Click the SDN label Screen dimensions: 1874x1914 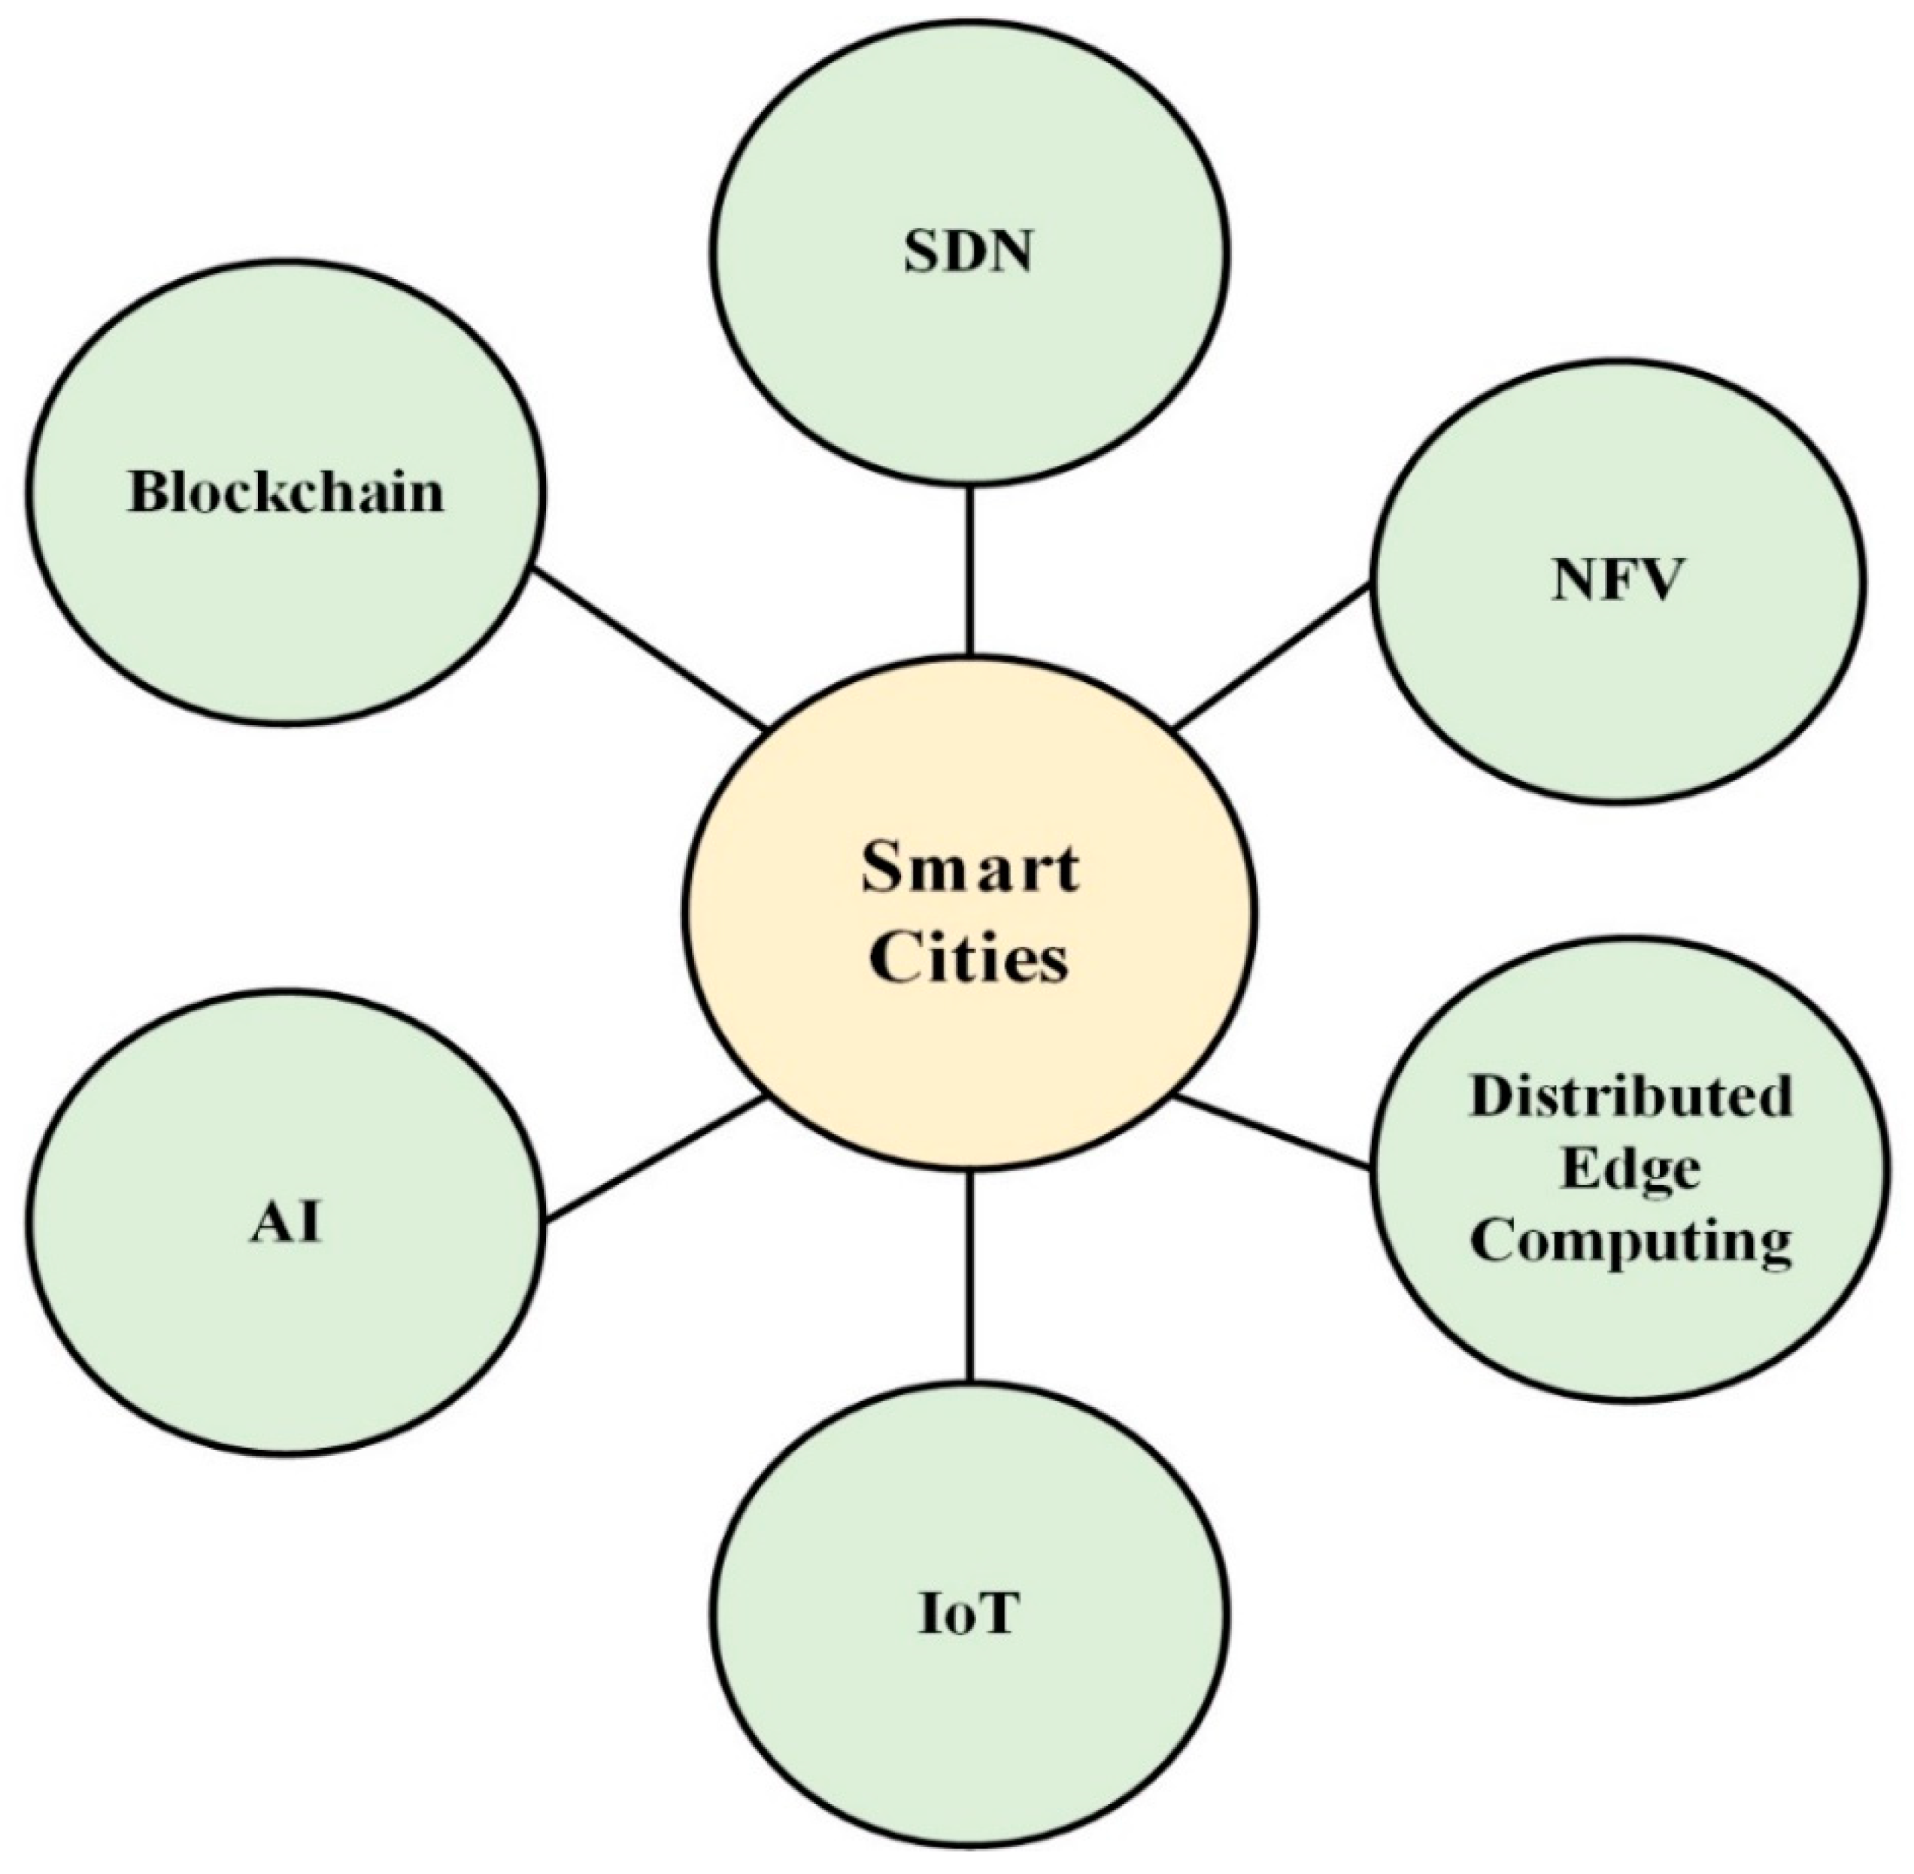tap(969, 252)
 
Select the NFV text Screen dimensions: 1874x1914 tap(1614, 580)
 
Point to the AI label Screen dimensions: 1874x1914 tap(285, 1224)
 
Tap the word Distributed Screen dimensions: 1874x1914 tap(1630, 1096)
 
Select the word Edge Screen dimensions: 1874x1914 tap(1630, 1169)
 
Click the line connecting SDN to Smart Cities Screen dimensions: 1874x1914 tap(969, 571)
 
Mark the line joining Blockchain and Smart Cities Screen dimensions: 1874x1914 tap(650, 650)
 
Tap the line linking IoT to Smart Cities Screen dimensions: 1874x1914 tap(969, 1279)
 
